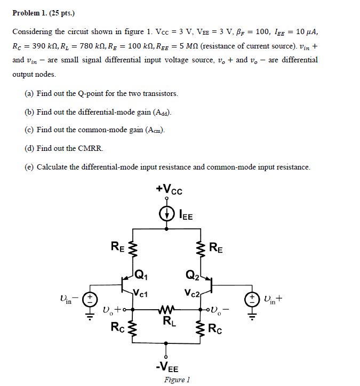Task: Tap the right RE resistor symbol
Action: click(202, 247)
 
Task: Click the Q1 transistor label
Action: click(141, 276)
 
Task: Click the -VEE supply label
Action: click(167, 368)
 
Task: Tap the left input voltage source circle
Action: click(91, 298)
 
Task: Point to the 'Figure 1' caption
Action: click(177, 380)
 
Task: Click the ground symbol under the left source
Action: click(91, 314)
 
